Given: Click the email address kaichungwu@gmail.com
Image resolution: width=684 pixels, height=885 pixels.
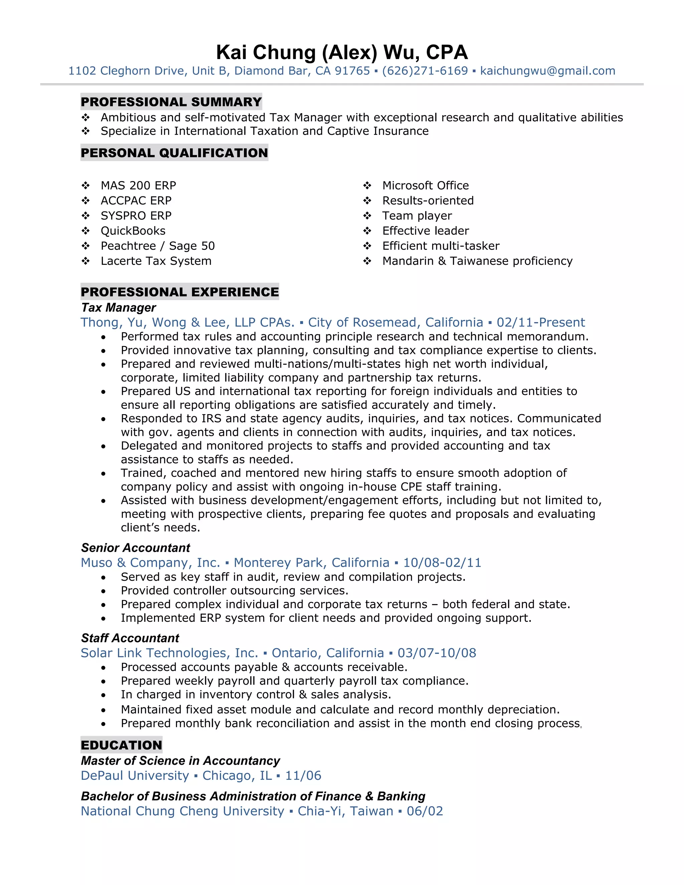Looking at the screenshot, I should click(547, 71).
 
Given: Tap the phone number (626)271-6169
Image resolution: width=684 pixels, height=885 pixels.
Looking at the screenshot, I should click(425, 71).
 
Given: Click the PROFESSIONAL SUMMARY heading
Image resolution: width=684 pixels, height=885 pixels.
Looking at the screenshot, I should click(171, 102).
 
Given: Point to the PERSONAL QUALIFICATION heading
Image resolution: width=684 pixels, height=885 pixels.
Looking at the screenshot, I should click(174, 153).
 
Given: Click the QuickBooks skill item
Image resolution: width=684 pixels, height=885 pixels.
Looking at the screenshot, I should click(133, 231).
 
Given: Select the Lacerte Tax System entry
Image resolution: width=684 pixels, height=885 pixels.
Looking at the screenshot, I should click(156, 261).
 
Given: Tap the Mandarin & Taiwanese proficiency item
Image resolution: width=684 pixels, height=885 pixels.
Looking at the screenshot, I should click(477, 261).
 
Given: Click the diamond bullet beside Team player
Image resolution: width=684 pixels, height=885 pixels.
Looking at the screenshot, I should click(367, 216).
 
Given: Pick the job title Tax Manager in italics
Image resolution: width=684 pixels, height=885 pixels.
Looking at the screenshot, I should click(118, 308).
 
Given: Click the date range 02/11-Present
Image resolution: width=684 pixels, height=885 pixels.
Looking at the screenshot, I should click(541, 323).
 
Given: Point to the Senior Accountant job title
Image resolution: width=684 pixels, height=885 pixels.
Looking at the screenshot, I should click(135, 548).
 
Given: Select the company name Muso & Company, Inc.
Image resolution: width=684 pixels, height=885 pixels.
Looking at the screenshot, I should click(150, 563).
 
